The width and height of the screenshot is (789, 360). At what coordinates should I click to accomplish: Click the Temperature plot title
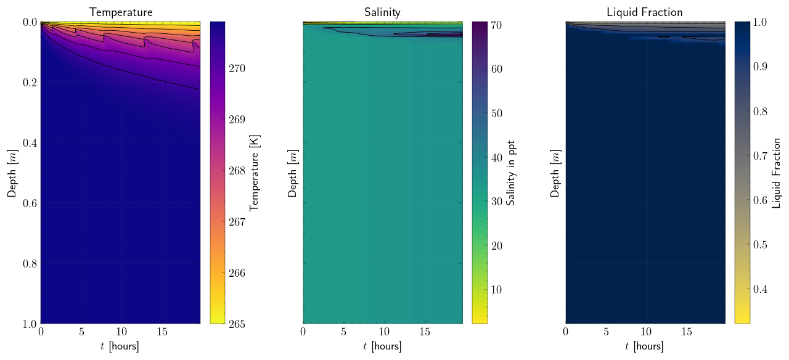coord(121,12)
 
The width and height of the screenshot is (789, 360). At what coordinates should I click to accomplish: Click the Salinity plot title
coord(383,12)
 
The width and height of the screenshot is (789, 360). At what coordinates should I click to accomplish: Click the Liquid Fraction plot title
coord(645,12)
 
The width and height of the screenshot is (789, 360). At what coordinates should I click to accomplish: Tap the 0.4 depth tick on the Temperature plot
coord(29,143)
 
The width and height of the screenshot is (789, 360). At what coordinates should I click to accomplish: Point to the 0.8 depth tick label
coord(29,264)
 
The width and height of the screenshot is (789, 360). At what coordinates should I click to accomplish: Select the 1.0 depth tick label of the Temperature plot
coord(29,324)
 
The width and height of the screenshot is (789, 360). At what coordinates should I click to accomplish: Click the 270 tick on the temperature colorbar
coord(237,68)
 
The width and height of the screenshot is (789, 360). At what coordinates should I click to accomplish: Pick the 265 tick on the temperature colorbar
coord(237,324)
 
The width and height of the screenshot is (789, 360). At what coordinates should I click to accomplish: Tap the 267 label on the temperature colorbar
coord(237,222)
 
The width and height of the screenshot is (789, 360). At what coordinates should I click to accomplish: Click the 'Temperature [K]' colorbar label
coord(255,173)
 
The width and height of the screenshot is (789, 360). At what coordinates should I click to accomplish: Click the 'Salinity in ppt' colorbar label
coord(511,173)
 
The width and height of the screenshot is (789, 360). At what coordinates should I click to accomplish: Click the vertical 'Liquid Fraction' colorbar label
coord(776,173)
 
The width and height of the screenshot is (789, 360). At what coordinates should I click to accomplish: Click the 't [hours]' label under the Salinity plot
coord(383,346)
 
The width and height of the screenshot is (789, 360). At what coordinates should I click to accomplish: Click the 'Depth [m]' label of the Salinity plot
coord(293,173)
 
